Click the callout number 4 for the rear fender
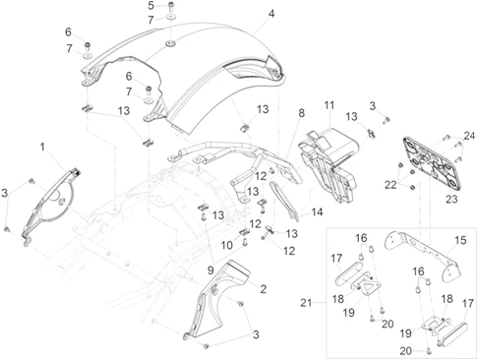point(270,14)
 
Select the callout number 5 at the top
point(150,6)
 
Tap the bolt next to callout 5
point(171,7)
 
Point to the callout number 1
point(42,147)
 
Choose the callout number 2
point(263,289)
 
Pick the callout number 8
point(301,113)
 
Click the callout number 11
point(329,105)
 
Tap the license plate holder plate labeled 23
point(433,162)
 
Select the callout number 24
point(469,136)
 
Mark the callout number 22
point(390,185)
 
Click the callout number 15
point(460,240)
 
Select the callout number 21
point(306,303)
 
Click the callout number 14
point(317,212)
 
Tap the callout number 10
point(226,245)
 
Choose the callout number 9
point(210,270)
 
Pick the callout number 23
point(451,199)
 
